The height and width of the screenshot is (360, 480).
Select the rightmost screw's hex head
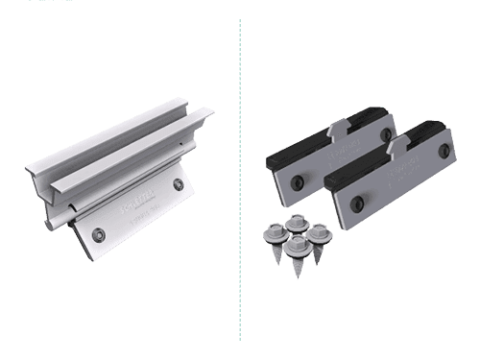point(319,231)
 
